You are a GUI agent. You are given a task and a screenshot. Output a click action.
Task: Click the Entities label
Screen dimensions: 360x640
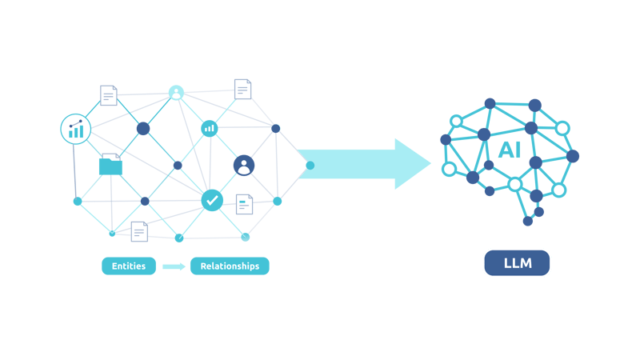point(129,266)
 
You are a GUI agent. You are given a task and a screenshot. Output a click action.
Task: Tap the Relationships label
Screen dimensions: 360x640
point(230,266)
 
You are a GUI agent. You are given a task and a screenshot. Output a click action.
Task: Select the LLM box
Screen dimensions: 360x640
point(517,263)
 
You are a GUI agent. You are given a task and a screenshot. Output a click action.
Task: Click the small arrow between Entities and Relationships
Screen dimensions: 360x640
point(174,266)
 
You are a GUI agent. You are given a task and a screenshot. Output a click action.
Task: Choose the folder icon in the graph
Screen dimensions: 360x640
point(110,166)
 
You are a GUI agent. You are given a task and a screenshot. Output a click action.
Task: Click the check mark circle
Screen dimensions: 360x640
point(212,200)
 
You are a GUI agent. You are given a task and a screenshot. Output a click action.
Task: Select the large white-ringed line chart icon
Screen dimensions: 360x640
point(76,128)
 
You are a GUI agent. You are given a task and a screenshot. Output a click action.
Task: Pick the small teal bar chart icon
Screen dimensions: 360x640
point(209,127)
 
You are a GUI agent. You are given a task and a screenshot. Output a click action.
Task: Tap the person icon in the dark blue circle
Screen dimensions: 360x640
point(244,166)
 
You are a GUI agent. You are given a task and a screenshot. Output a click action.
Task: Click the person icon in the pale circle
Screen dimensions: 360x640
point(176,93)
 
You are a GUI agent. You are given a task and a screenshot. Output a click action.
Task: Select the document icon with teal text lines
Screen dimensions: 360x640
point(244,204)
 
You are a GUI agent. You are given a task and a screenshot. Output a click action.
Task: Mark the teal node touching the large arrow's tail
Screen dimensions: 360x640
point(310,165)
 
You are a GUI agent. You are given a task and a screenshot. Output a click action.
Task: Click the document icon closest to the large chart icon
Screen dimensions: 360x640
point(108,96)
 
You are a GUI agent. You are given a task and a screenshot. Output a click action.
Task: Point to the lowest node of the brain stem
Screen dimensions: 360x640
point(528,222)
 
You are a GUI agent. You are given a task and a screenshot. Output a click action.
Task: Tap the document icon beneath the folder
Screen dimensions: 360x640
point(139,231)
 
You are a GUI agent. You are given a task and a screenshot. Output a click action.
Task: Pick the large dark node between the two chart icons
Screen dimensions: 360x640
point(143,128)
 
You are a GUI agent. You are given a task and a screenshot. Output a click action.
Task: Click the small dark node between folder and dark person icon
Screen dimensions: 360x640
point(178,166)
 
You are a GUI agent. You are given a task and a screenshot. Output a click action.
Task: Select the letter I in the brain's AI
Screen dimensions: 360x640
point(518,150)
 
